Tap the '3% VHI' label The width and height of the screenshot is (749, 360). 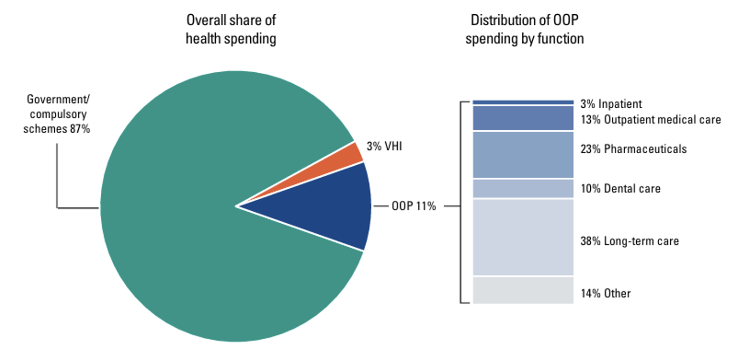pyautogui.click(x=384, y=146)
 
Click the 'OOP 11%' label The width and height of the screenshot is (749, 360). pyautogui.click(x=413, y=206)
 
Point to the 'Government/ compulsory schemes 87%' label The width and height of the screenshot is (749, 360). pyautogui.click(x=57, y=114)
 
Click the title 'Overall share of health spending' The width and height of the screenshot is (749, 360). pyautogui.click(x=231, y=29)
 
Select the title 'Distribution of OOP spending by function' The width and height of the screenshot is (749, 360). pyautogui.click(x=524, y=29)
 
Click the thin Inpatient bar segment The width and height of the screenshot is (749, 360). pyautogui.click(x=523, y=102)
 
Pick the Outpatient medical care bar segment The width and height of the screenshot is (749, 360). pyautogui.click(x=523, y=118)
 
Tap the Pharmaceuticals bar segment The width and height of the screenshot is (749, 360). pyautogui.click(x=523, y=155)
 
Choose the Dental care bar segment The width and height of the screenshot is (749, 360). pyautogui.click(x=523, y=188)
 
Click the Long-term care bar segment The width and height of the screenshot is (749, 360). pyautogui.click(x=523, y=237)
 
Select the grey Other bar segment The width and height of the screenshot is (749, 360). pyautogui.click(x=523, y=290)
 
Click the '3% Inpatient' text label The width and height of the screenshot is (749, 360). pyautogui.click(x=611, y=104)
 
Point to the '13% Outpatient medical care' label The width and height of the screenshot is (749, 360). pyautogui.click(x=650, y=120)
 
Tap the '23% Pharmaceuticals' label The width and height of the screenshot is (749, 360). pyautogui.click(x=633, y=149)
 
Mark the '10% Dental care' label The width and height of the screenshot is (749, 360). pyautogui.click(x=620, y=189)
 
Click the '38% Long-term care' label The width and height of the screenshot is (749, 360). pyautogui.click(x=629, y=241)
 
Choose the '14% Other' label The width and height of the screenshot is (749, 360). pyautogui.click(x=605, y=293)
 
